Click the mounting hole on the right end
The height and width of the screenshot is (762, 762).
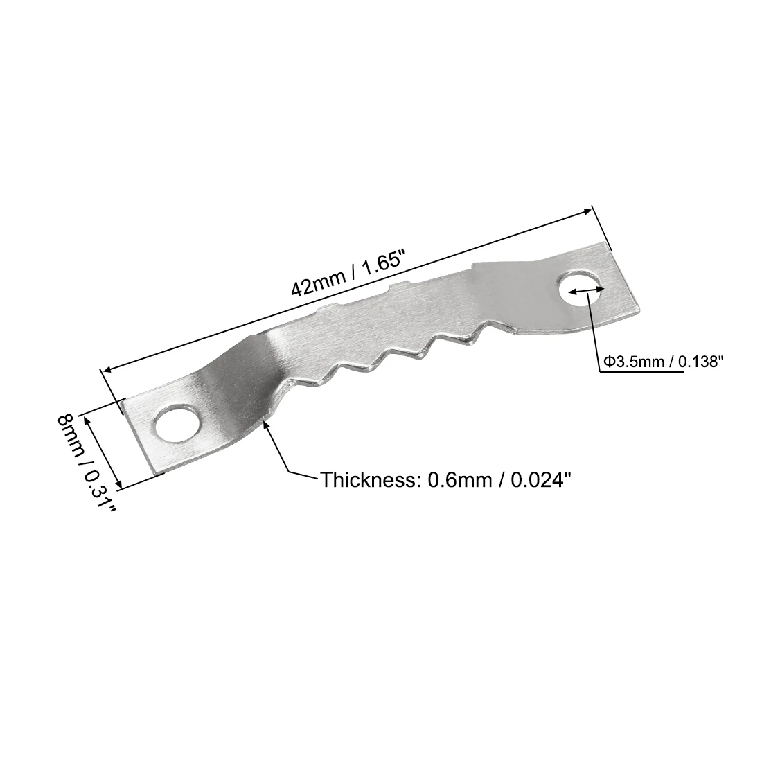pyautogui.click(x=581, y=290)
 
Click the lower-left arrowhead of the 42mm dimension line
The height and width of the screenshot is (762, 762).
pyautogui.click(x=105, y=371)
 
